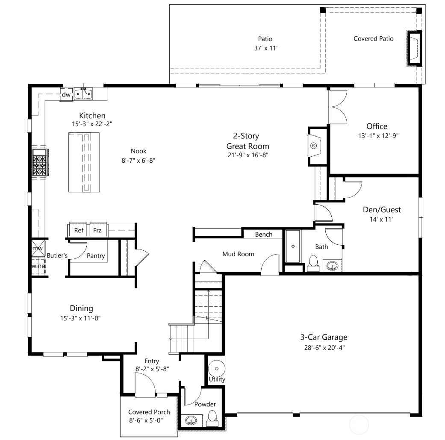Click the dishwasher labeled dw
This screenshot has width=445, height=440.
(66, 94)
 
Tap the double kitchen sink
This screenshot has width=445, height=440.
(83, 94)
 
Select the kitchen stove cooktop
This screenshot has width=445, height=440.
(39, 162)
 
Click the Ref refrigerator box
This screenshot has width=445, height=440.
(79, 230)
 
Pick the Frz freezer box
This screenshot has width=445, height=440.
(97, 230)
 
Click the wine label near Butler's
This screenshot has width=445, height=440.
(38, 266)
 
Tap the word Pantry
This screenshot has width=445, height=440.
(96, 255)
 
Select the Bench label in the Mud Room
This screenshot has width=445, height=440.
(263, 235)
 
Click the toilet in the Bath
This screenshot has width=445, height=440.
(313, 262)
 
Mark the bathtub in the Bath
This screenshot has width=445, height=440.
(293, 246)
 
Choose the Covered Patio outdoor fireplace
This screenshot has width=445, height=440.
(413, 48)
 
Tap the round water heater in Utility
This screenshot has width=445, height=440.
(216, 368)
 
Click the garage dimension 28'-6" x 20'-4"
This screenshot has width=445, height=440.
(322, 347)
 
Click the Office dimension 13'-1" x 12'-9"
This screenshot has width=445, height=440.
(377, 136)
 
